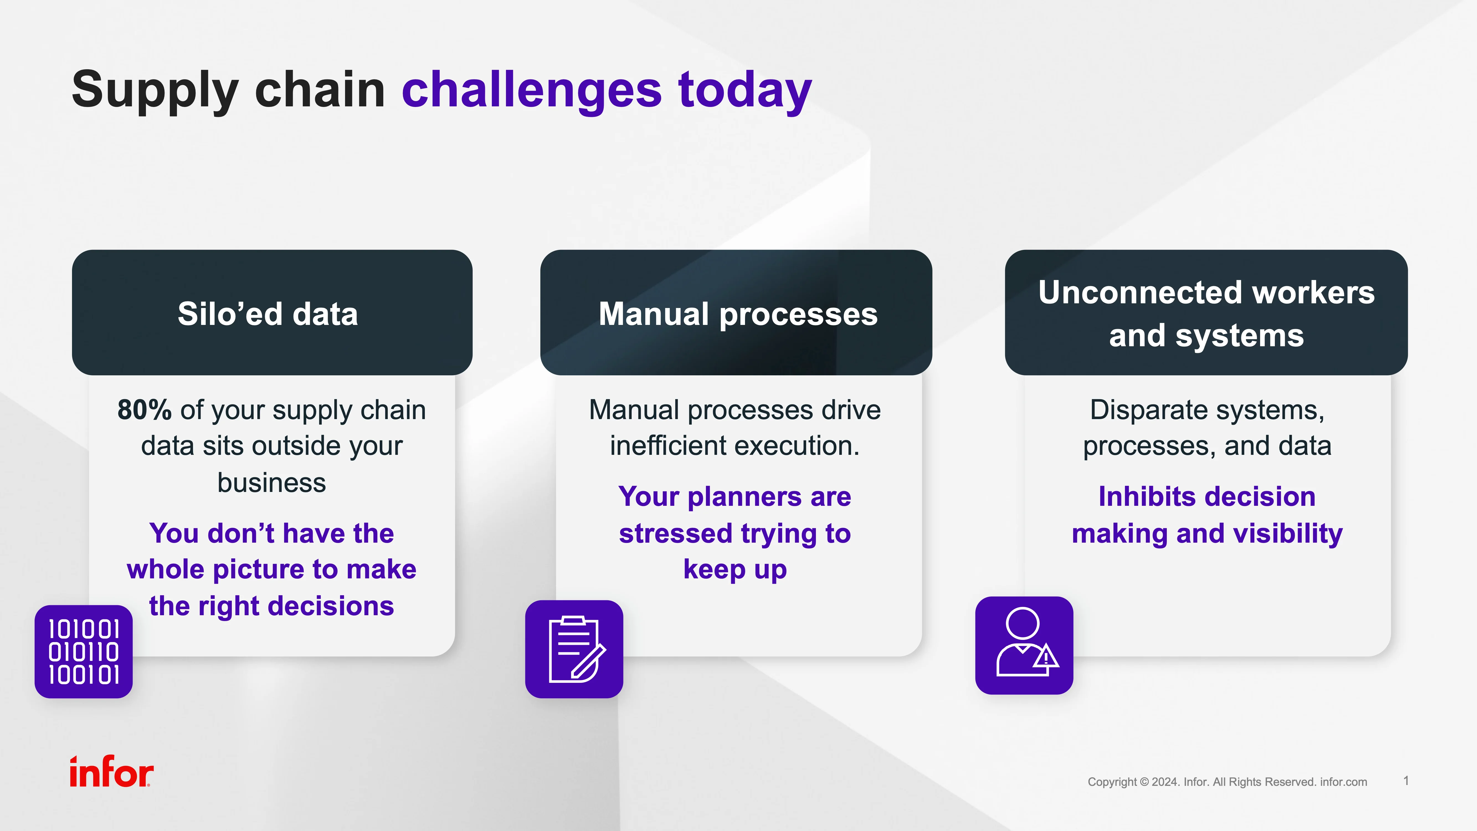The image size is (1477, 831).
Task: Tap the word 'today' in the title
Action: tap(745, 91)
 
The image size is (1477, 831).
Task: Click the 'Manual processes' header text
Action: tap(738, 314)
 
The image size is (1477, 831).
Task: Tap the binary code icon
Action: tap(84, 652)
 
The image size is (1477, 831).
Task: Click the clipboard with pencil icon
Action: tap(574, 649)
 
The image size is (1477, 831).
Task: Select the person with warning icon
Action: tap(1024, 645)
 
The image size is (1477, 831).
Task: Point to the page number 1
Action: tap(1406, 781)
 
